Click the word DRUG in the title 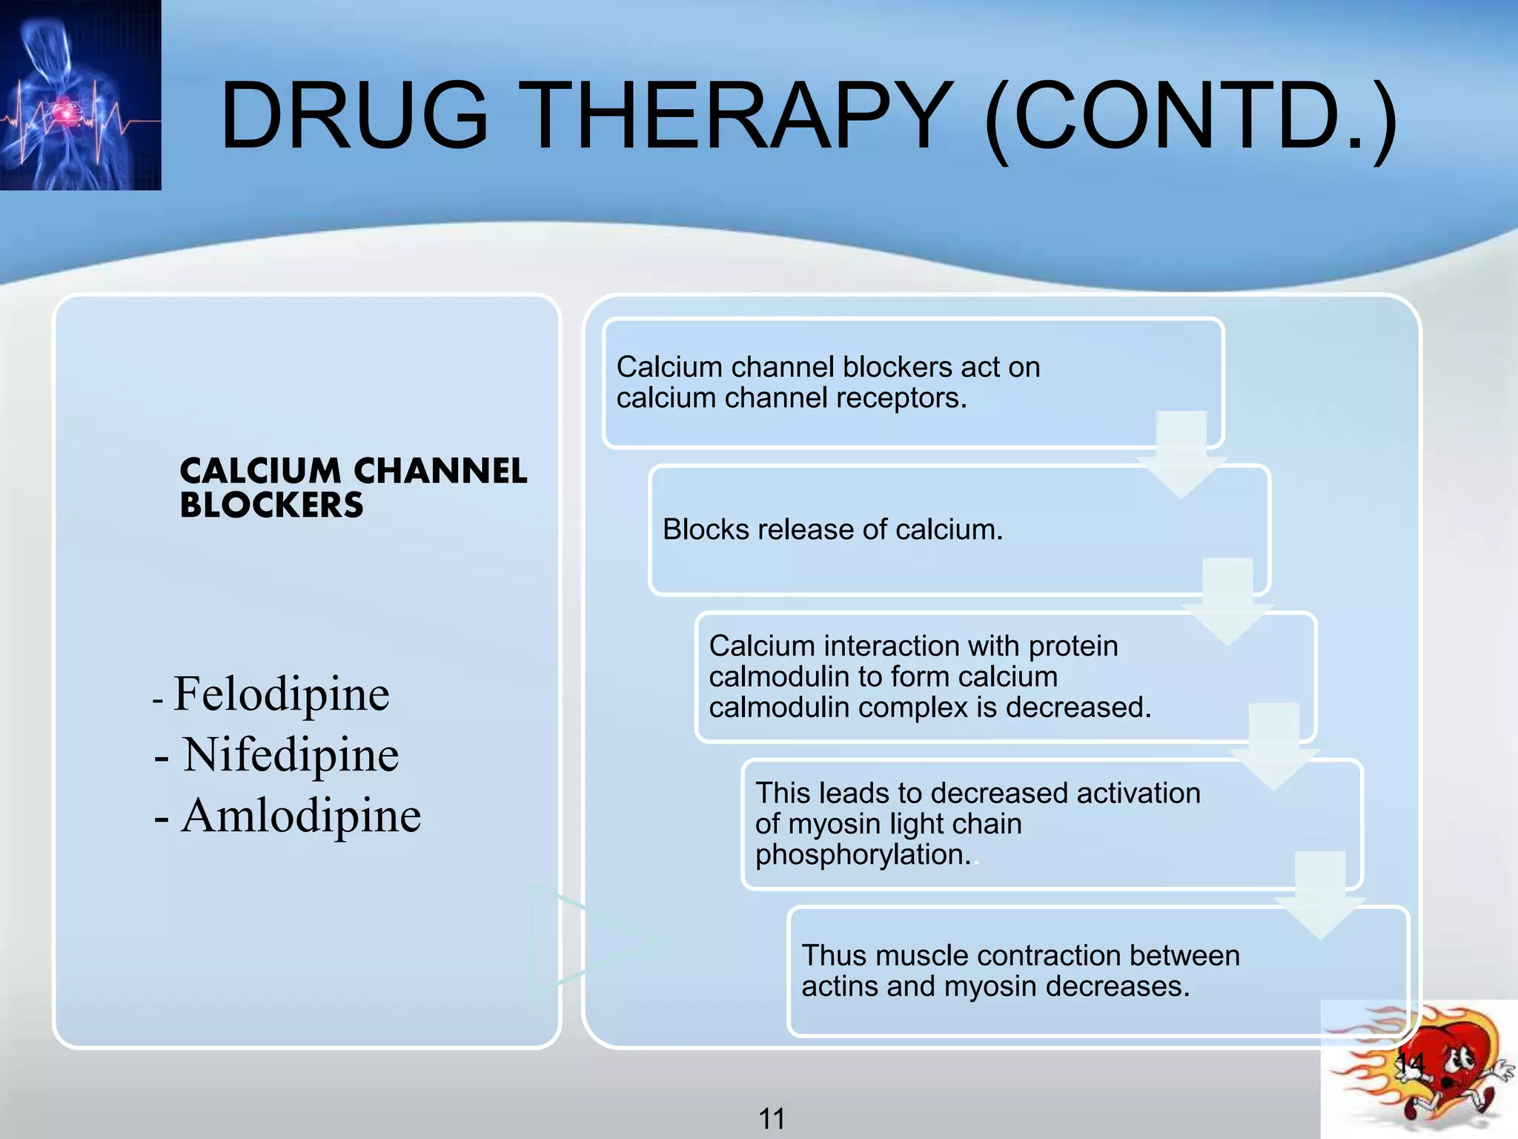pyautogui.click(x=354, y=117)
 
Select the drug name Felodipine pyautogui.click(x=281, y=695)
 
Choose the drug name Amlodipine pyautogui.click(x=300, y=816)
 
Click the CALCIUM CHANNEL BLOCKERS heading pyautogui.click(x=353, y=488)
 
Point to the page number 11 pyautogui.click(x=772, y=1118)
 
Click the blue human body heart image pyautogui.click(x=80, y=95)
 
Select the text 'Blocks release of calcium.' pyautogui.click(x=832, y=529)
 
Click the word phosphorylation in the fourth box pyautogui.click(x=862, y=855)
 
